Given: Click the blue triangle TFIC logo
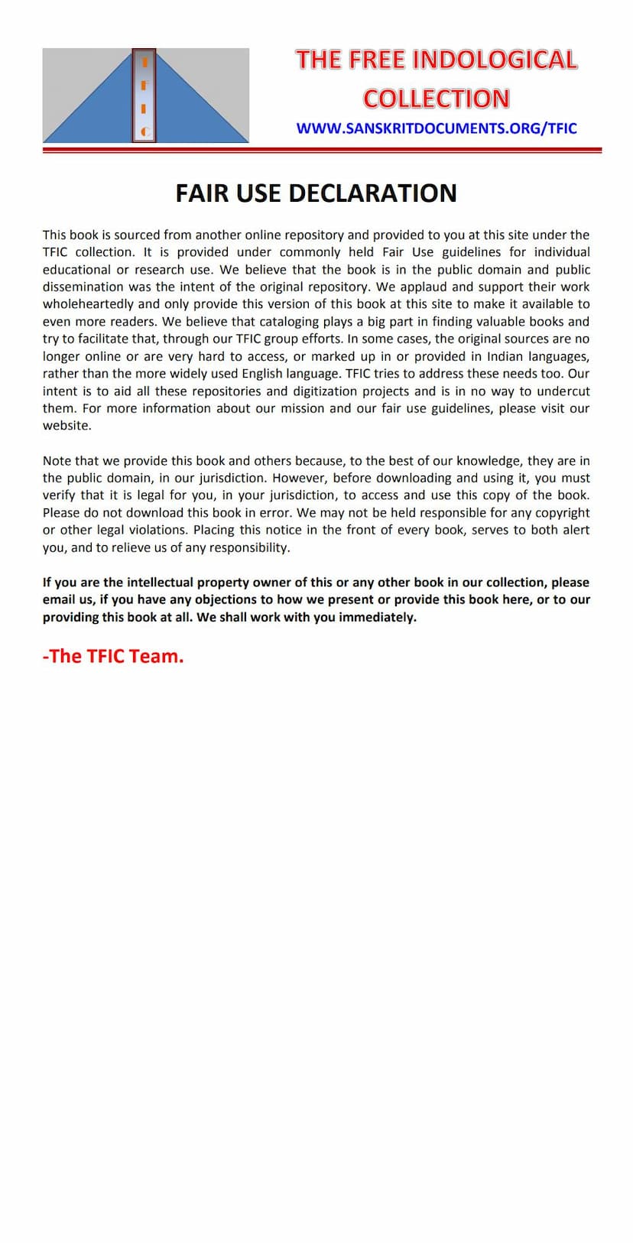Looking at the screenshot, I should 145,96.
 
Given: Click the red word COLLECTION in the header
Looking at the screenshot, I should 437,99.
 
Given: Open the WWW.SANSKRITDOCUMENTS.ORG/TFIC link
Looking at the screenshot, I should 437,128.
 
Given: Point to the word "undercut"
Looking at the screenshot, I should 565,391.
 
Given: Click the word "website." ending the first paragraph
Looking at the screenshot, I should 67,426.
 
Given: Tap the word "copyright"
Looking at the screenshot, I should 562,513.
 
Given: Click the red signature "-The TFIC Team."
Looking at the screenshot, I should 113,657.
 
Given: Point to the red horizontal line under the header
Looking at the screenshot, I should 322,151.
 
